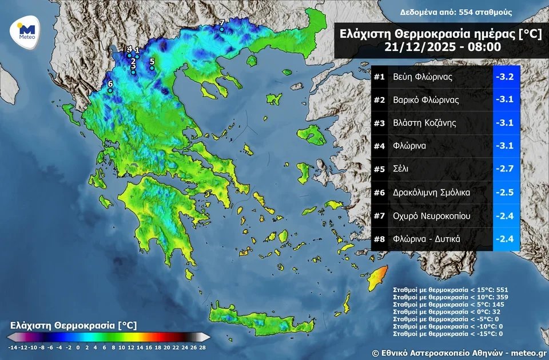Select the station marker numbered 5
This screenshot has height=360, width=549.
click(152, 67)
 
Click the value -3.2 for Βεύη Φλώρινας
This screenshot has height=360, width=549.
click(506, 77)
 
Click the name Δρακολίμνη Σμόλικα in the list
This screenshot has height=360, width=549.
click(431, 193)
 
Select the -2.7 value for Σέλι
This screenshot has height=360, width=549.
click(506, 169)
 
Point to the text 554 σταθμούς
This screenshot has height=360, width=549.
click(486, 12)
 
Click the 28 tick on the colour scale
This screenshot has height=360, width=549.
click(202, 347)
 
